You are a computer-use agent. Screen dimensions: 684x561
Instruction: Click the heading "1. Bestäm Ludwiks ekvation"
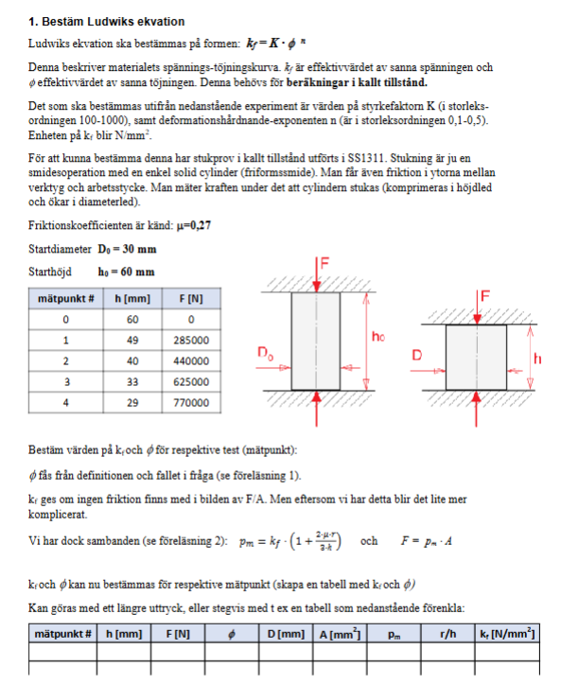[x=107, y=21]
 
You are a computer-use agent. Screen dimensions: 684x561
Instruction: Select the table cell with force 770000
[x=192, y=402]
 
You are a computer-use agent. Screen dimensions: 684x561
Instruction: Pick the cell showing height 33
[x=132, y=381]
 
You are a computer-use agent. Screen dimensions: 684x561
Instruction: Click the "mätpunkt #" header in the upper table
[x=62, y=298]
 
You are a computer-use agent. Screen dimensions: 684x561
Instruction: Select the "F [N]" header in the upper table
[x=192, y=298]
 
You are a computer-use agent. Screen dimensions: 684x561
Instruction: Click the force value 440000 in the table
[x=192, y=360]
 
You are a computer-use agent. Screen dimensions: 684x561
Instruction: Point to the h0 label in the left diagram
[x=378, y=336]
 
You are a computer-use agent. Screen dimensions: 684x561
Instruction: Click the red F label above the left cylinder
[x=324, y=264]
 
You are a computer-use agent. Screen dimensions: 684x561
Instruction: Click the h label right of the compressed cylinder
[x=537, y=359]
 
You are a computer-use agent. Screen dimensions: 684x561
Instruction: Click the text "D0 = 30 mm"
[x=127, y=250]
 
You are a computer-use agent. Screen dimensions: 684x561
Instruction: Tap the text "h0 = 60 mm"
[x=126, y=272]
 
